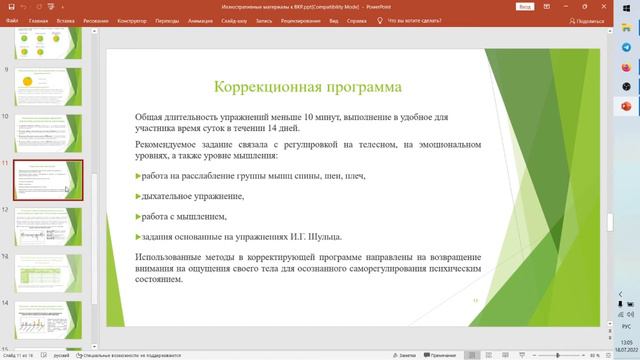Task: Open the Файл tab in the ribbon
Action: pos(10,19)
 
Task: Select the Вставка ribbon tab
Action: pos(67,19)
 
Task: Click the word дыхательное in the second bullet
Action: pos(170,196)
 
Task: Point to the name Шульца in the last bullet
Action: pos(326,237)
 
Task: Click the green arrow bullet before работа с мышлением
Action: pos(138,217)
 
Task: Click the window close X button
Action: pos(627,5)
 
